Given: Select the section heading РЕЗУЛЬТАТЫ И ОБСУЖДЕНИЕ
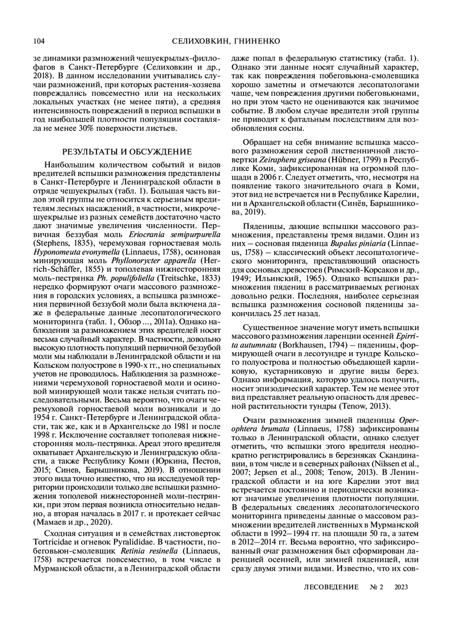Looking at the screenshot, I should [127, 152].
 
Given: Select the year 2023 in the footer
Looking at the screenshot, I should [401, 587].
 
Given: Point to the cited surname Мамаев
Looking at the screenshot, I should [52, 522].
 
